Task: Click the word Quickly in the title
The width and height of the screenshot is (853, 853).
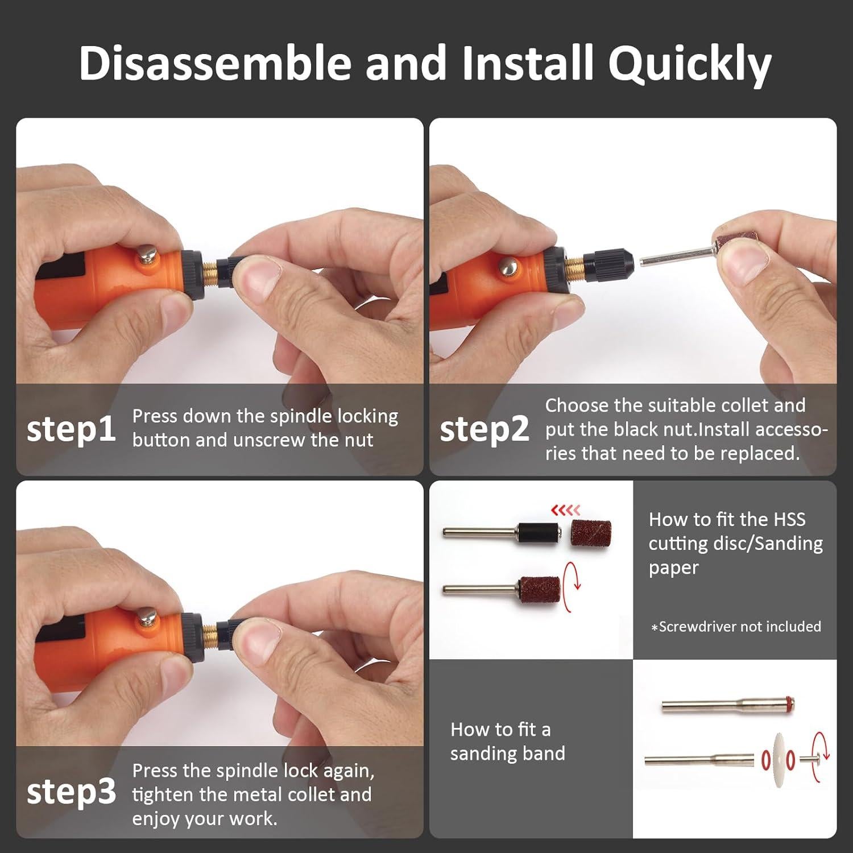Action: coord(689,64)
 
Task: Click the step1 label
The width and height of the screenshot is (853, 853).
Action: coord(71,429)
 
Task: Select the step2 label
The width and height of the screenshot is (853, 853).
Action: coord(484,429)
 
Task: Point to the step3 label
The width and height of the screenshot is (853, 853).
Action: coord(71,791)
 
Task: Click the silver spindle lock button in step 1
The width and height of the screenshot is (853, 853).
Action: coord(148,254)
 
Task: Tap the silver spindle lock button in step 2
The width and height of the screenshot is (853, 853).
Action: coord(508,264)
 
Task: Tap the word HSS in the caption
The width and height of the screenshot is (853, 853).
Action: coord(789,520)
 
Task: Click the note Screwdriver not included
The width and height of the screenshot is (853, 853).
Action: coord(736,627)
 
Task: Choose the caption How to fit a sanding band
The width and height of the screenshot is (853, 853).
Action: coord(508,741)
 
